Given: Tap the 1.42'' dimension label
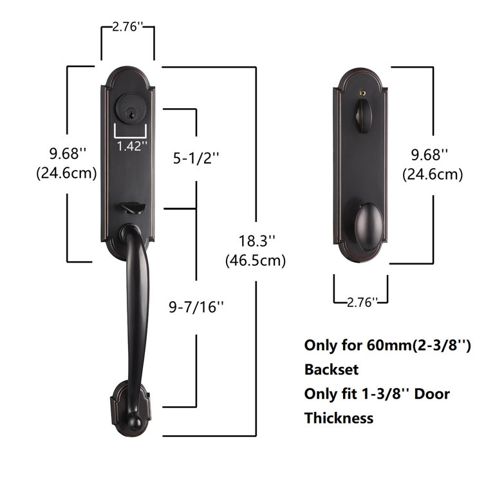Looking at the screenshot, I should pos(132,145).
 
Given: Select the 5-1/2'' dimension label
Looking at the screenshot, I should pos(197,157).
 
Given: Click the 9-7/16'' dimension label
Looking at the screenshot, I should pos(197,306).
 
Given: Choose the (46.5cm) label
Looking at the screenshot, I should pos(256,261).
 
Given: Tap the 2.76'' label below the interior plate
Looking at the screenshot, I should pos(360,303).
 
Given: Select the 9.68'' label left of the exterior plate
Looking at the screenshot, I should pos(68,154).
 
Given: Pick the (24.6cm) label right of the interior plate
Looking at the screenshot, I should pos(432,174).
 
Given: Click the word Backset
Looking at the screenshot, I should pos(331,369).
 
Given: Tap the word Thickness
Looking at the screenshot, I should pos(339,418).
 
